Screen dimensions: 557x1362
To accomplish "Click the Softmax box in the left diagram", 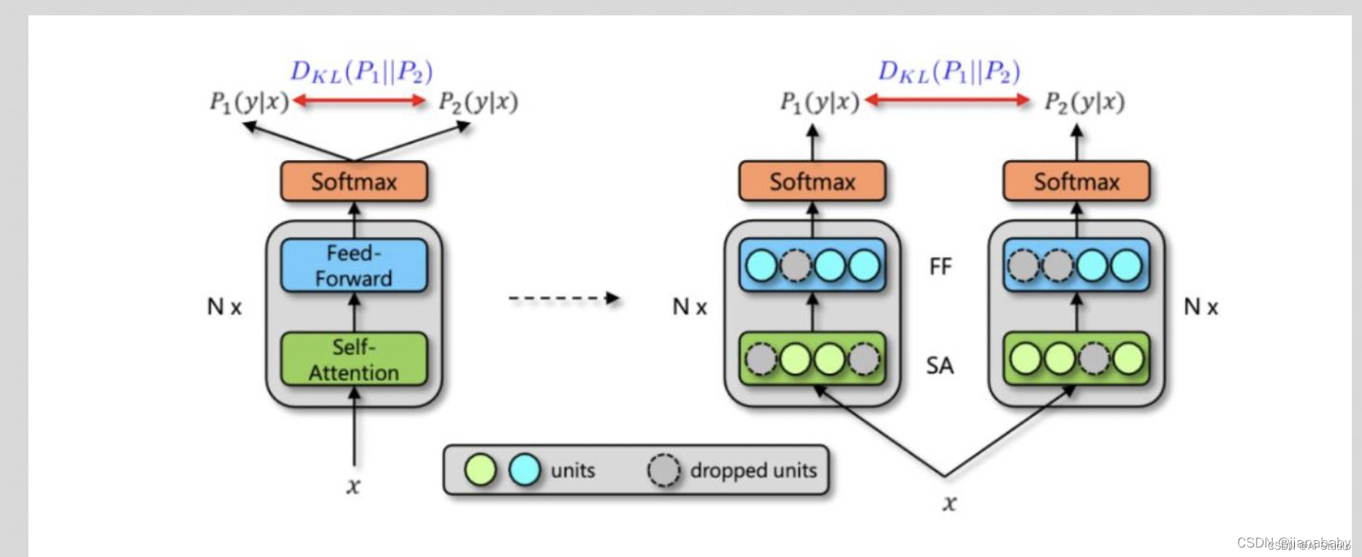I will click(354, 181).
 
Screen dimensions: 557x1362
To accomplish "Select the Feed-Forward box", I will click(354, 265).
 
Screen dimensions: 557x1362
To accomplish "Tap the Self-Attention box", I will click(354, 359).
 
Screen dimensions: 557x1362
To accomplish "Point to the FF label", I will click(940, 267).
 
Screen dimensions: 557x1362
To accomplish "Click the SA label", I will click(940, 365).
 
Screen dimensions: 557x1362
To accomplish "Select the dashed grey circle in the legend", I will click(663, 470).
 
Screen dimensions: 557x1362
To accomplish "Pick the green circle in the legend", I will click(480, 470).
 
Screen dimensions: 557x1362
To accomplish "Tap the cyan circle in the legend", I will click(524, 470).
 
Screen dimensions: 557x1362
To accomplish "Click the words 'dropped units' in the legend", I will click(753, 470).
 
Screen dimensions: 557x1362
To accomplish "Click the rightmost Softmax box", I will click(1076, 181).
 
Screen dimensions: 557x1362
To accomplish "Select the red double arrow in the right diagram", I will click(947, 100).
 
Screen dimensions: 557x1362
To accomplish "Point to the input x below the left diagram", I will click(354, 485).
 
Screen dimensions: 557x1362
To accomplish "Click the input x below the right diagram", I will click(948, 503).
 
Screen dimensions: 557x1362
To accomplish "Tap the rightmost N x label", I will click(1201, 307).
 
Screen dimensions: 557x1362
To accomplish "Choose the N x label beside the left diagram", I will click(224, 307).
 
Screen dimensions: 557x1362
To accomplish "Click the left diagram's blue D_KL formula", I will click(361, 72).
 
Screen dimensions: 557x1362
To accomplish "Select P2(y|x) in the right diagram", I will click(1084, 102).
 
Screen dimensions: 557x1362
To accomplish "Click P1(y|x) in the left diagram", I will click(249, 102).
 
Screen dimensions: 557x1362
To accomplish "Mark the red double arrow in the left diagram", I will click(359, 101).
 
